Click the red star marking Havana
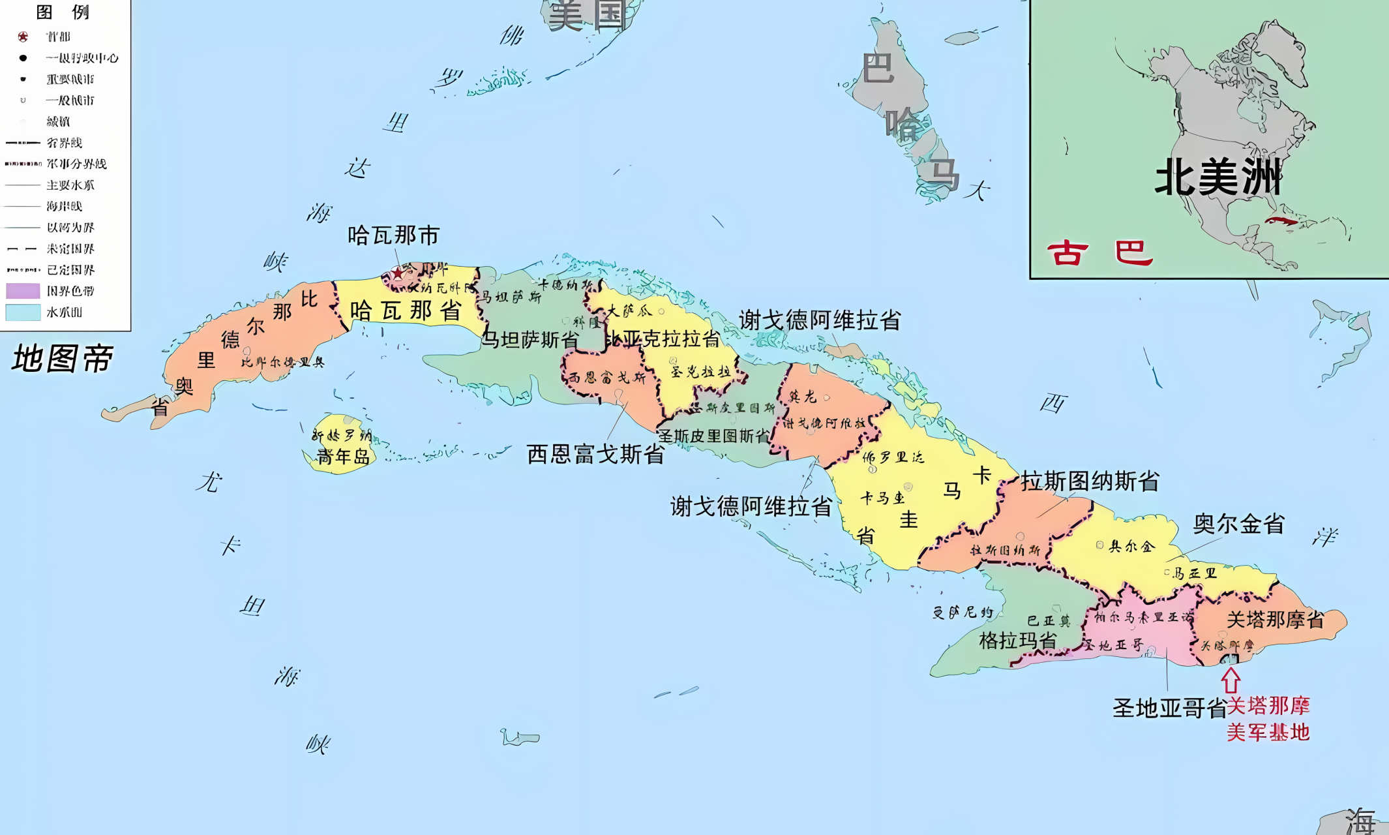coord(397,273)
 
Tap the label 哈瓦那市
coord(393,235)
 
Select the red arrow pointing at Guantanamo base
coord(1231,680)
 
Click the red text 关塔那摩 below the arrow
coord(1268,706)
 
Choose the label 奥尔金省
coord(1239,524)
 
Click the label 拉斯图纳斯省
coord(1090,481)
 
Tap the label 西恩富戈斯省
coord(595,454)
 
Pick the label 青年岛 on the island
coord(343,457)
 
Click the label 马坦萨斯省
coord(530,340)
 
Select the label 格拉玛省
coord(1018,641)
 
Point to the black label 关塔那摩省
coord(1276,620)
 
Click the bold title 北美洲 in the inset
coord(1217,177)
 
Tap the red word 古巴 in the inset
coord(1100,253)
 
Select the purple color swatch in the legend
coord(23,291)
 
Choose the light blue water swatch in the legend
coord(23,312)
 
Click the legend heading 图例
coord(63,12)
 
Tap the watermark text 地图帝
coord(63,359)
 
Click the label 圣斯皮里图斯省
coord(714,436)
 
